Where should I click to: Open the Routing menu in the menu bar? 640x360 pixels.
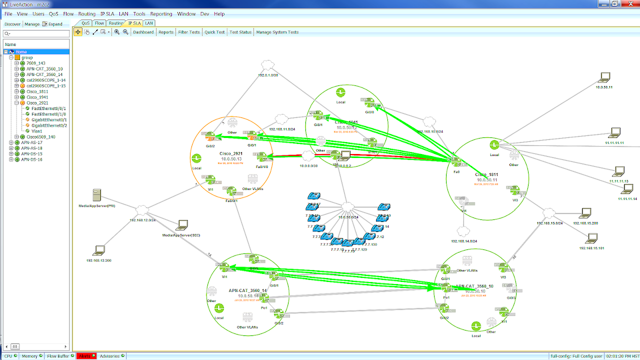86,14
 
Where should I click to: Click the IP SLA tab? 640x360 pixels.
134,23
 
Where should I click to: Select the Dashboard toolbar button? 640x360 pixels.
143,32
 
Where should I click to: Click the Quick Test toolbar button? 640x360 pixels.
214,32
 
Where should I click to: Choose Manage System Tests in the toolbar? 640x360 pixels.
277,32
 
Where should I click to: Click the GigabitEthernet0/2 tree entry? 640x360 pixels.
49,125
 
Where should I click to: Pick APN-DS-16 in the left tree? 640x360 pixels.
31,159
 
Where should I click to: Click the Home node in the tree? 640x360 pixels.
21,51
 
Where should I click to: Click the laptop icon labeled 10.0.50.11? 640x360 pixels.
604,77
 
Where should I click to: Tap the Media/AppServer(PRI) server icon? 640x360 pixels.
97,195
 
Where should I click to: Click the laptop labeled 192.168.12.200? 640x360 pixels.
99,250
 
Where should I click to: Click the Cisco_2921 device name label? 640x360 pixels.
231,153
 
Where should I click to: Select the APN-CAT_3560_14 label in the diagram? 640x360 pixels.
247,290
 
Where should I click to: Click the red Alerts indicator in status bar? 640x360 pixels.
84,356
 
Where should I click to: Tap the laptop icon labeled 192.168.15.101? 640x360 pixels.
592,238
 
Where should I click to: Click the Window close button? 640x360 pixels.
628,4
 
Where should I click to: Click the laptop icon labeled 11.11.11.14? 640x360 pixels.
627,189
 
